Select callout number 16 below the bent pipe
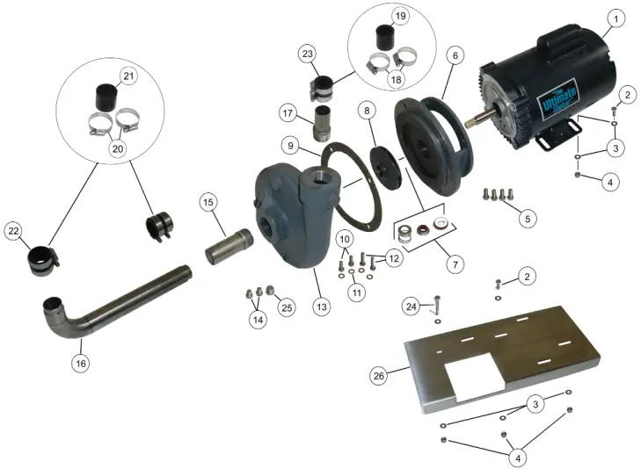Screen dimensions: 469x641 [80, 362]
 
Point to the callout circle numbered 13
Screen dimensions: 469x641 [322, 307]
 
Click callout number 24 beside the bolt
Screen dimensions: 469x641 [412, 307]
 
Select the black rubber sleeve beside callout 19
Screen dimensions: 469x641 [383, 40]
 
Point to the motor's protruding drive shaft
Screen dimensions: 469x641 [475, 118]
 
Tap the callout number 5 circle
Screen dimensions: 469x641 [527, 217]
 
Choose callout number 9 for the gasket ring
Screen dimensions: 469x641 [292, 145]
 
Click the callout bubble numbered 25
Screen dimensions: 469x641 [287, 307]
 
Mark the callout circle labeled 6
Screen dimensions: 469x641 [455, 54]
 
